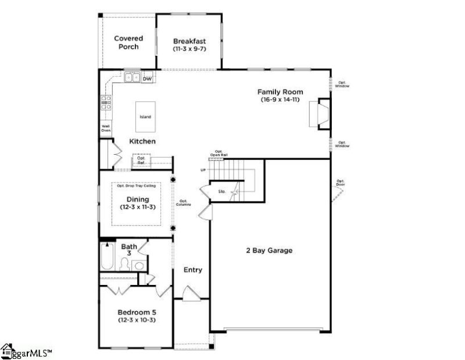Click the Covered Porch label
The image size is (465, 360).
tap(128, 42)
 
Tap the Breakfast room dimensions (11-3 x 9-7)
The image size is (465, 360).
tap(189, 49)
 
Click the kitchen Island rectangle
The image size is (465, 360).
tap(145, 117)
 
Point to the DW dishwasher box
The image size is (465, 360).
tap(147, 78)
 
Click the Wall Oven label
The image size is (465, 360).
tap(106, 129)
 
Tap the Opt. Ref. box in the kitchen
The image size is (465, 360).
tap(141, 161)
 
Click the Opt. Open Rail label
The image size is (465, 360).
tap(219, 154)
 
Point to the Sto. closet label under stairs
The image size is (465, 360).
tap(221, 191)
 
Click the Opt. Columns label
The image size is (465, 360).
tap(184, 203)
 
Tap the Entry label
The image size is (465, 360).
tap(192, 270)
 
